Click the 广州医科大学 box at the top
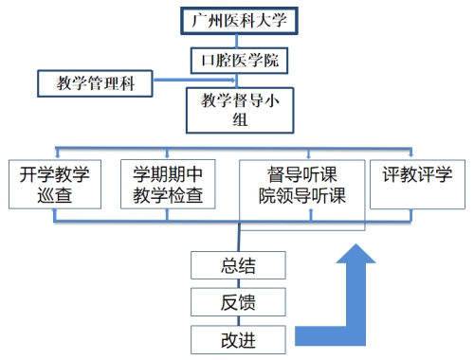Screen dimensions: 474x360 239,21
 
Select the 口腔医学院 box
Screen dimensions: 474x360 239,61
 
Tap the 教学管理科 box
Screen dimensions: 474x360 95,83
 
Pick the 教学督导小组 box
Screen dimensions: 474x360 240,110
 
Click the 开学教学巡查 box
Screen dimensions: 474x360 55,184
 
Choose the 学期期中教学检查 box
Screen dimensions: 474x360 168,184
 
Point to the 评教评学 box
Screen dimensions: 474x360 417,184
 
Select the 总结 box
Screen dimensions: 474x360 238,265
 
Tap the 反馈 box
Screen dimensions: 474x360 238,302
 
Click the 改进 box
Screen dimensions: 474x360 238,340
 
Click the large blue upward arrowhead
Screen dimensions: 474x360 355,254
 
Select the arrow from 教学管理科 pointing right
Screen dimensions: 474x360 194,80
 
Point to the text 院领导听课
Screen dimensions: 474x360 302,196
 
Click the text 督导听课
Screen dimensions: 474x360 302,174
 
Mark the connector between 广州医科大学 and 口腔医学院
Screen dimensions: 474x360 237,41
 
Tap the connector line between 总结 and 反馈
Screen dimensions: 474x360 239,283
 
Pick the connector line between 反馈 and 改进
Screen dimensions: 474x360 239,321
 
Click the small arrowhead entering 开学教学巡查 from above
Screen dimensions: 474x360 57,155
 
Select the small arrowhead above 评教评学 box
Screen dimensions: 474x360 410,154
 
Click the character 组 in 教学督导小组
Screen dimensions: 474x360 240,119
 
